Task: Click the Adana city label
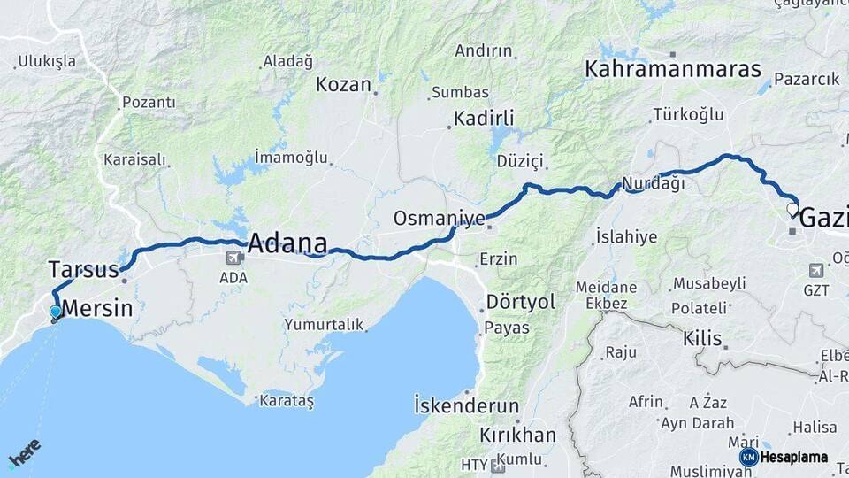tap(287, 243)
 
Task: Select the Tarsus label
tap(83, 268)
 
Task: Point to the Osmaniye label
tap(440, 218)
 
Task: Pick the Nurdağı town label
tap(654, 183)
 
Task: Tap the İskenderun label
tap(466, 406)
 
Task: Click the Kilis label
tap(703, 338)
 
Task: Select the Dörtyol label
tap(521, 302)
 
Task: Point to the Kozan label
tap(343, 85)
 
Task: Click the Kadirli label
tap(484, 118)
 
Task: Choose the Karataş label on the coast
tap(287, 401)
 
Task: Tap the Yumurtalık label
tap(324, 325)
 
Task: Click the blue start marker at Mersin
tap(56, 312)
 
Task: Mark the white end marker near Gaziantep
tap(792, 210)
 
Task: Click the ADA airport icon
tap(235, 258)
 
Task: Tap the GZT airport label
tap(816, 290)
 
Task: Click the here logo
tap(24, 452)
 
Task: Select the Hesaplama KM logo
tap(784, 457)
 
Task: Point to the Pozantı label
tap(149, 103)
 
